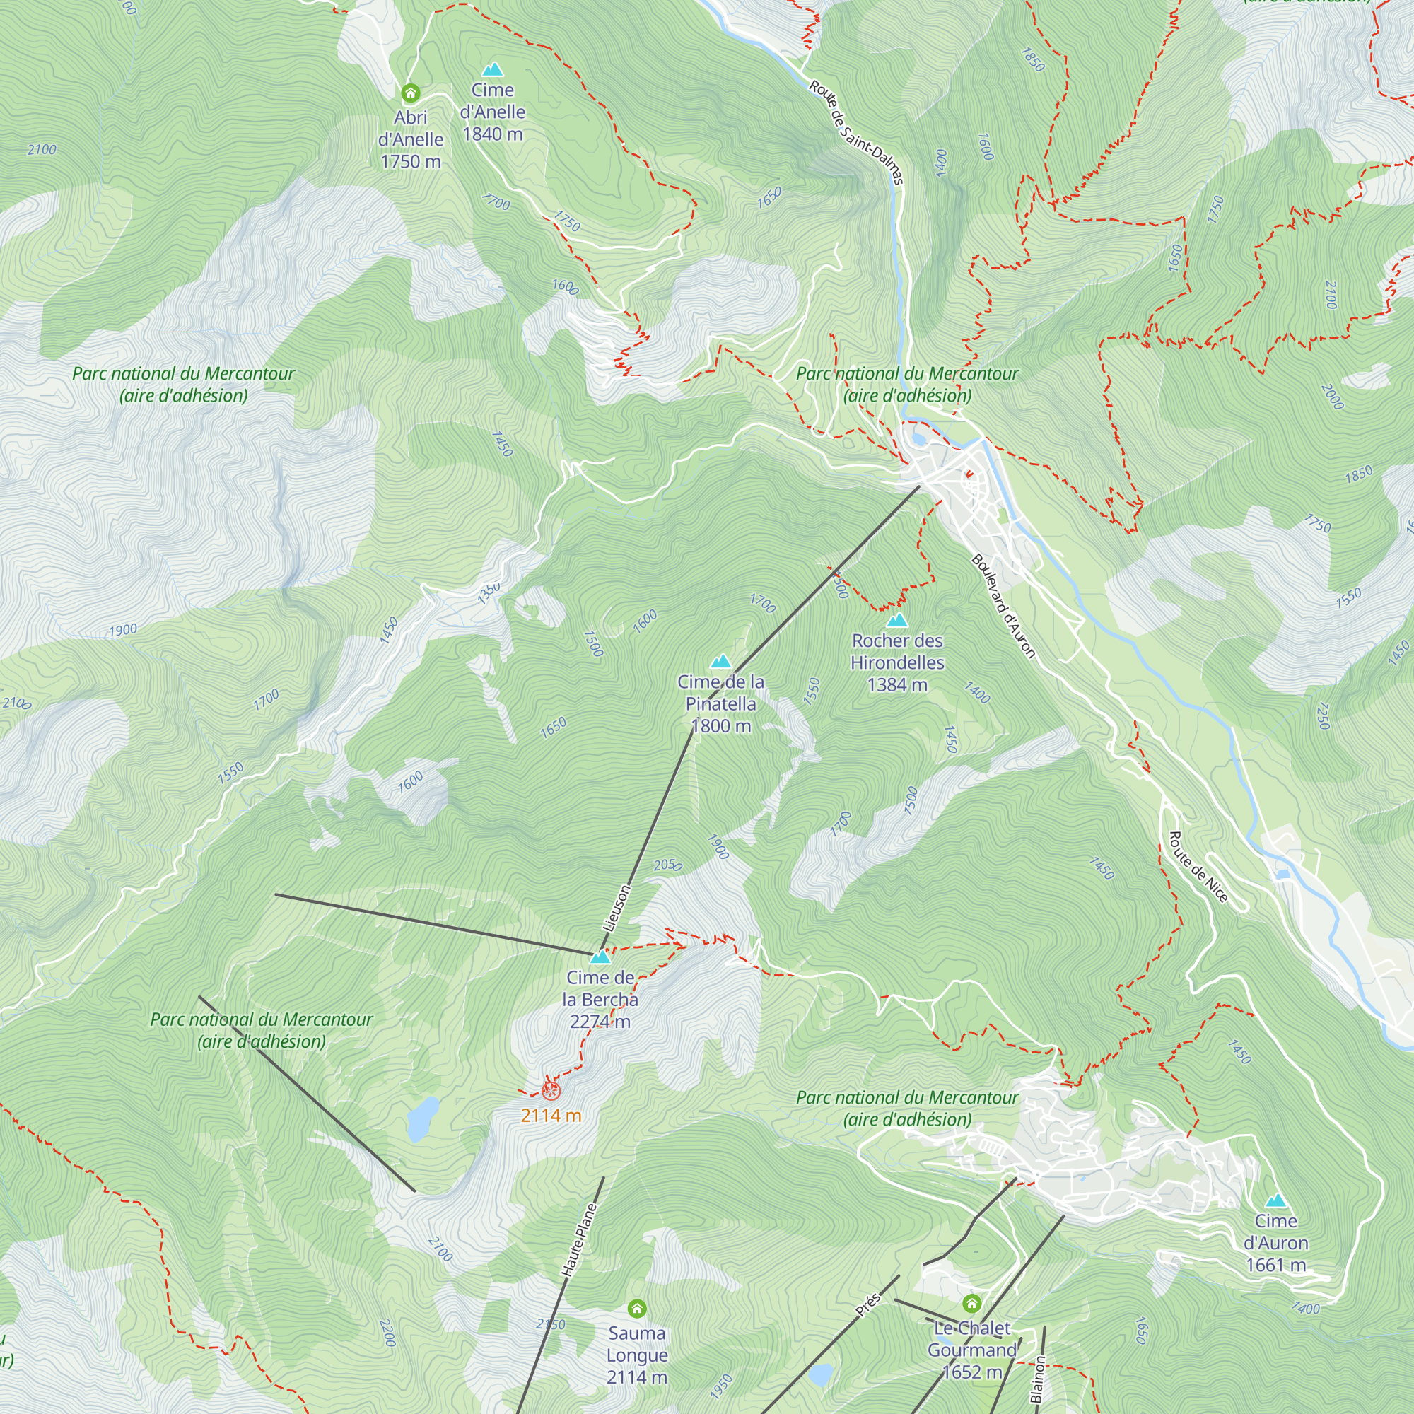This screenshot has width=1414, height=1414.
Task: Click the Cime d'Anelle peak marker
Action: tap(493, 69)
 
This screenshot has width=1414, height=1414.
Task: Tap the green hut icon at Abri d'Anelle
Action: tap(411, 93)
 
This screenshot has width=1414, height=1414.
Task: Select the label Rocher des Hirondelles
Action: tap(897, 651)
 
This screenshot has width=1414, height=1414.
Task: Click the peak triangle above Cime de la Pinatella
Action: tap(721, 662)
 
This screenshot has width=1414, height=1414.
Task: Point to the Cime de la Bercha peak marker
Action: tap(600, 957)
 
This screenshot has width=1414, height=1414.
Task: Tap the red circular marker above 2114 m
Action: tap(551, 1090)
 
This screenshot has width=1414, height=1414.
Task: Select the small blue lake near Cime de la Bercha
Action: tap(423, 1119)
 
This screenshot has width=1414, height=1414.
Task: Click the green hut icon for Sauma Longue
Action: tap(637, 1308)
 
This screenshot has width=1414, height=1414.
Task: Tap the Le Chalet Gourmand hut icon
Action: tap(971, 1304)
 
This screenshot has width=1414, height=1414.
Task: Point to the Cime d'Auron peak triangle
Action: tap(1275, 1200)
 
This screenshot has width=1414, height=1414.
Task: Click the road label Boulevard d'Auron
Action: tap(1003, 605)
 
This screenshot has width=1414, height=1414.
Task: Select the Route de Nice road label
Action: tap(1198, 867)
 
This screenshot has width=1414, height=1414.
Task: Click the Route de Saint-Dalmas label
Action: tap(856, 132)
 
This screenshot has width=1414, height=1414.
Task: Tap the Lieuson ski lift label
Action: tap(616, 908)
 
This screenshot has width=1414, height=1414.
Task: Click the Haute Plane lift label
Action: tap(579, 1241)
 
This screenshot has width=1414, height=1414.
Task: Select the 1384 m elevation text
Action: tap(897, 685)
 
